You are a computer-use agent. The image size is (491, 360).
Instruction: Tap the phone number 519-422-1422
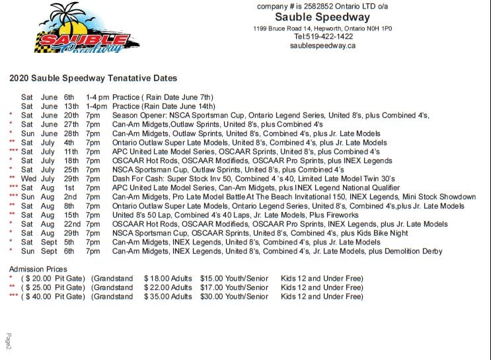(324, 37)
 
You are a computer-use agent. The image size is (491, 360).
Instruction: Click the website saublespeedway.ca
(323, 46)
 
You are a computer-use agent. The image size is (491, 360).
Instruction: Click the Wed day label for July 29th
(28, 178)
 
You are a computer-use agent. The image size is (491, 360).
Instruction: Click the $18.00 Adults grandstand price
(168, 279)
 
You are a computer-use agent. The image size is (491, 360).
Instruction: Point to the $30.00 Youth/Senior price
(234, 297)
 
